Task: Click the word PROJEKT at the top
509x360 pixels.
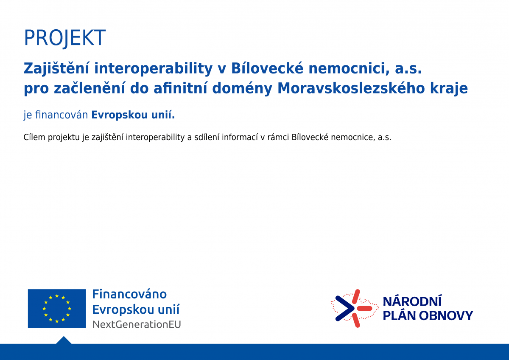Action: coord(65,38)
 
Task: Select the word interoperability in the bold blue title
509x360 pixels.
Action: coord(154,69)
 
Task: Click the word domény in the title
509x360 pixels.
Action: coord(242,89)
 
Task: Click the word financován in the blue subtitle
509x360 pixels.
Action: coord(62,115)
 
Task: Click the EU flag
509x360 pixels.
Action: coord(57,308)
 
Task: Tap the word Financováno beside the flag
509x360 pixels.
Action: coord(129,294)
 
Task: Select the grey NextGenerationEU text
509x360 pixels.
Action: coord(137,324)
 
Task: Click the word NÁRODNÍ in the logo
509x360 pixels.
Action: coord(412,301)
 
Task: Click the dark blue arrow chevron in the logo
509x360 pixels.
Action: coord(344,308)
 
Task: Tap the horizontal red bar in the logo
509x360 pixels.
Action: coord(364,308)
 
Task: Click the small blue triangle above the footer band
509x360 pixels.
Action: coord(64,340)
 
